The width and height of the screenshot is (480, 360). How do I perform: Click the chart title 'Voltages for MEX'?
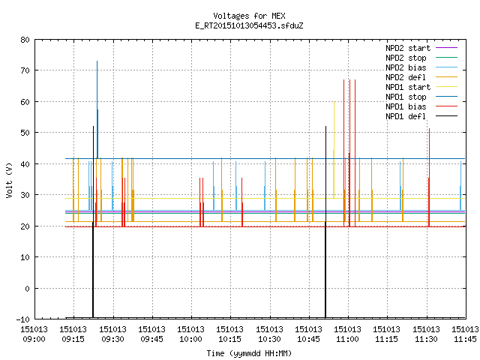tap(249, 16)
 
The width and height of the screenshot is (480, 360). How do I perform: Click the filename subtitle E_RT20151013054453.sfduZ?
tap(249, 25)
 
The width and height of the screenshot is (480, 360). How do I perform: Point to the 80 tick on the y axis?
tap(25, 40)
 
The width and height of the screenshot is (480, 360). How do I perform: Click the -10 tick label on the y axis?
tap(23, 319)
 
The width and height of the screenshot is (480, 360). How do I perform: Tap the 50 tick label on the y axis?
tap(25, 133)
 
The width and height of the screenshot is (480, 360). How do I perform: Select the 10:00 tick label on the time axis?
tap(190, 334)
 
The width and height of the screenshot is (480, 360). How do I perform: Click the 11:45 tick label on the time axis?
tap(465, 334)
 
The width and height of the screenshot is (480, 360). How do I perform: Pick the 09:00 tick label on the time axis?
tap(34, 334)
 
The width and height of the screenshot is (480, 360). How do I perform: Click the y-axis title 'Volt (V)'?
tap(9, 180)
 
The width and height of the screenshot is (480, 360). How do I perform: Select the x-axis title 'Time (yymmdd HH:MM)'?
tap(249, 353)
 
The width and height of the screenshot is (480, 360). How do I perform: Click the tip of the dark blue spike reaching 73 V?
tap(97, 61)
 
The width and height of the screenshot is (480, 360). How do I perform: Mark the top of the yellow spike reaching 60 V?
tap(334, 102)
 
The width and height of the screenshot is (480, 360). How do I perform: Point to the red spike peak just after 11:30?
tap(429, 128)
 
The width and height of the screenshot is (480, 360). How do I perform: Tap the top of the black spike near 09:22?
tap(93, 126)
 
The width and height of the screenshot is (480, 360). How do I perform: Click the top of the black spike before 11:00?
tap(325, 126)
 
